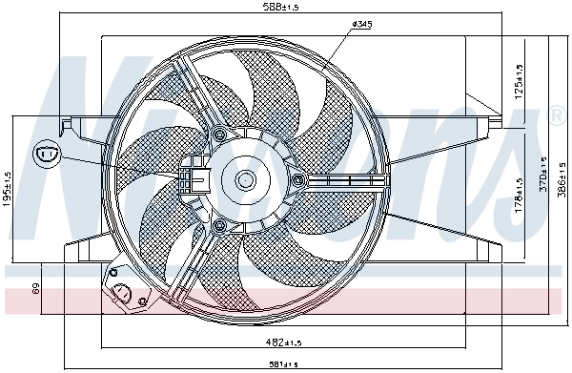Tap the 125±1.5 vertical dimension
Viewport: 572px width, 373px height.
click(x=518, y=81)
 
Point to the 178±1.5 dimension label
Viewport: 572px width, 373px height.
click(x=518, y=194)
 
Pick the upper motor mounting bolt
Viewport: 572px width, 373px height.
click(x=219, y=133)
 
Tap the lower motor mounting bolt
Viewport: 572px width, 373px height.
click(x=220, y=225)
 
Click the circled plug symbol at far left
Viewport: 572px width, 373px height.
click(x=45, y=153)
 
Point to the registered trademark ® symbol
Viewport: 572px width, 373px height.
click(x=557, y=116)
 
